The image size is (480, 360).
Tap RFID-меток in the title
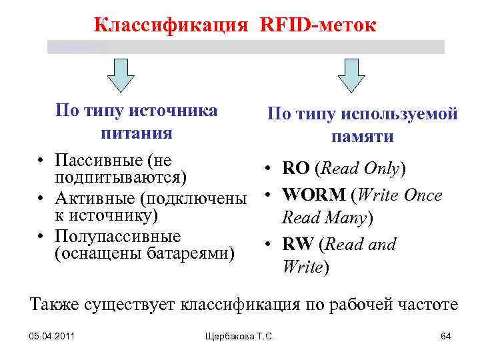(317, 25)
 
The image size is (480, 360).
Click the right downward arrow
(351, 74)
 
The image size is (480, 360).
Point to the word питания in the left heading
(137, 133)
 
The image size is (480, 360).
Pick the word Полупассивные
(109, 237)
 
